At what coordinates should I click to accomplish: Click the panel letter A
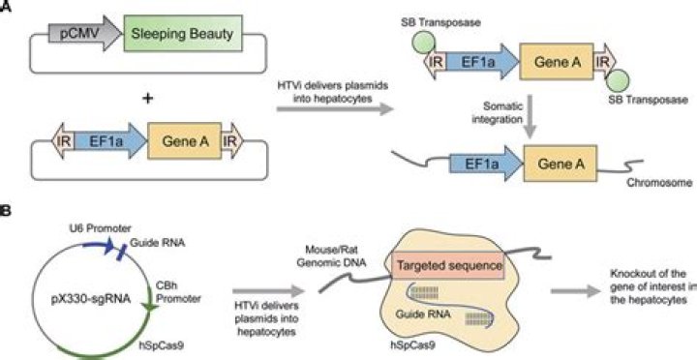[8, 8]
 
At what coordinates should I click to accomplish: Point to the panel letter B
[8, 208]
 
